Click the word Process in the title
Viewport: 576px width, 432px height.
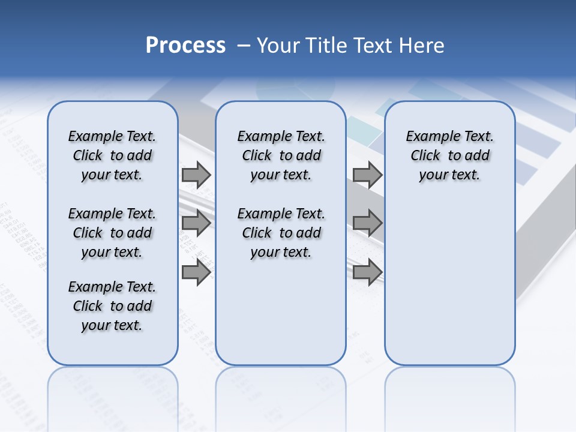tap(185, 46)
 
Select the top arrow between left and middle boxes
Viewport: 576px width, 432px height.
tap(196, 175)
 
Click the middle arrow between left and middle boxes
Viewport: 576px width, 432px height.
tap(196, 223)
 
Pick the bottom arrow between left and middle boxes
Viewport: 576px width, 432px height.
tap(196, 272)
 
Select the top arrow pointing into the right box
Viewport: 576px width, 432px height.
tap(367, 175)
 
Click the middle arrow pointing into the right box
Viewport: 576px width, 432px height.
tap(367, 223)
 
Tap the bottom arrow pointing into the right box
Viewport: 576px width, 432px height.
tap(367, 272)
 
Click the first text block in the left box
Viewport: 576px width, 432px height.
tap(112, 155)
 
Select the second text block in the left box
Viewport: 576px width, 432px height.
tap(112, 233)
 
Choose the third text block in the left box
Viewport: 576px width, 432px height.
tap(112, 306)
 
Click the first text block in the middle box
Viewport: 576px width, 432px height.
tap(281, 155)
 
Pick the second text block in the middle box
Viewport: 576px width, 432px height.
tap(281, 233)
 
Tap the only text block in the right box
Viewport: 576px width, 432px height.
tap(450, 155)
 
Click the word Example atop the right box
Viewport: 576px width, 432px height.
tap(428, 137)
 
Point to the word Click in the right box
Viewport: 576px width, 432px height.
tap(425, 156)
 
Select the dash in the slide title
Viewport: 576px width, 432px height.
tap(244, 46)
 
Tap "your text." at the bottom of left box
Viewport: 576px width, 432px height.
tap(112, 325)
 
